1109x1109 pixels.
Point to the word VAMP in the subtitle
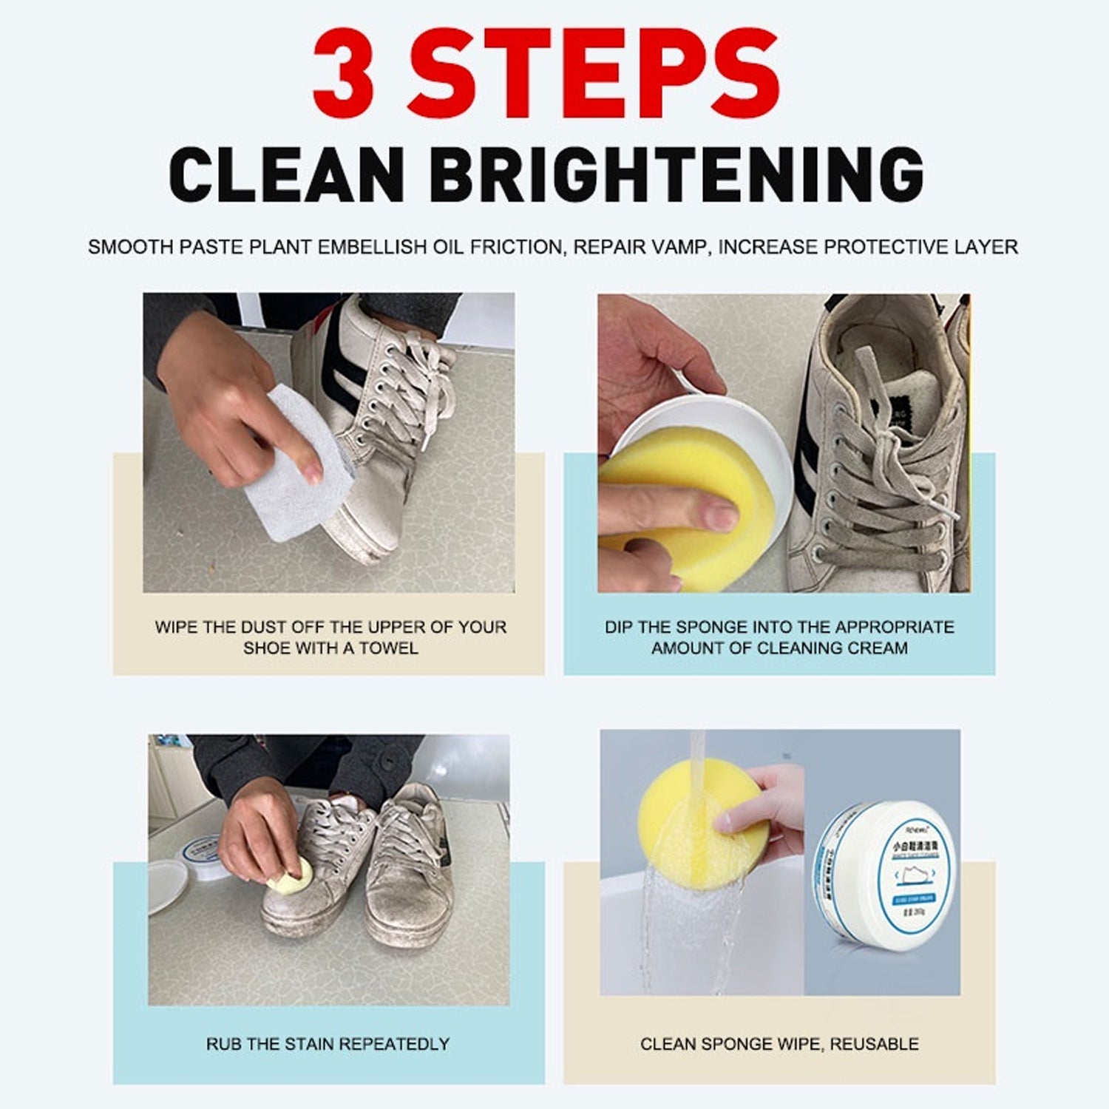tap(679, 247)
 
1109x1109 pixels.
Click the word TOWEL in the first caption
tap(389, 648)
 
